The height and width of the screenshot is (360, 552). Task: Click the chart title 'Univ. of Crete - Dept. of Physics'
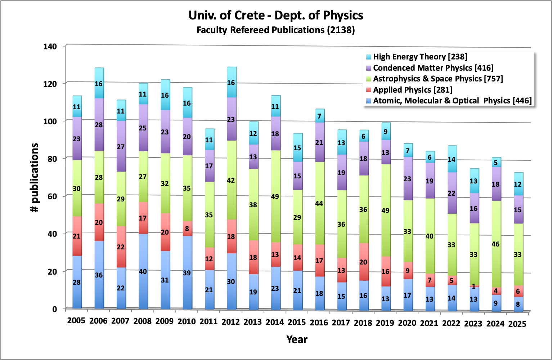(x=276, y=15)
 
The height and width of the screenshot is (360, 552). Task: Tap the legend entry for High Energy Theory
(x=420, y=57)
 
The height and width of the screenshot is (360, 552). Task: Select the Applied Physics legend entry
(x=412, y=90)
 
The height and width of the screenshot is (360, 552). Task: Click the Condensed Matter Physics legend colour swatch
(x=368, y=68)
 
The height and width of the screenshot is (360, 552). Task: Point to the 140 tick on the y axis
(x=50, y=46)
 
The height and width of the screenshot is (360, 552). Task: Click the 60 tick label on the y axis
(x=50, y=196)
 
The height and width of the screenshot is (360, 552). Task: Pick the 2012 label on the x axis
(x=230, y=322)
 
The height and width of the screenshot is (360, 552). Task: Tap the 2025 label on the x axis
(x=517, y=324)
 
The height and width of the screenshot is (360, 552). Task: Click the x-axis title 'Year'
(x=297, y=339)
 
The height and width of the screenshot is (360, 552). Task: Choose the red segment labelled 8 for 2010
(x=187, y=228)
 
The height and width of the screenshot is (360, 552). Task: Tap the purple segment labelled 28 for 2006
(x=99, y=125)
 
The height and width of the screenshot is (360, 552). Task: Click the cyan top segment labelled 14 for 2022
(x=452, y=159)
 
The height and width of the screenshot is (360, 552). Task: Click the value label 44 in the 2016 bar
(x=319, y=204)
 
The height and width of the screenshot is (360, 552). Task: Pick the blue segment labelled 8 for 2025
(x=517, y=304)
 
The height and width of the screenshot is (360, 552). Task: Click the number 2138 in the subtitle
(x=341, y=30)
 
